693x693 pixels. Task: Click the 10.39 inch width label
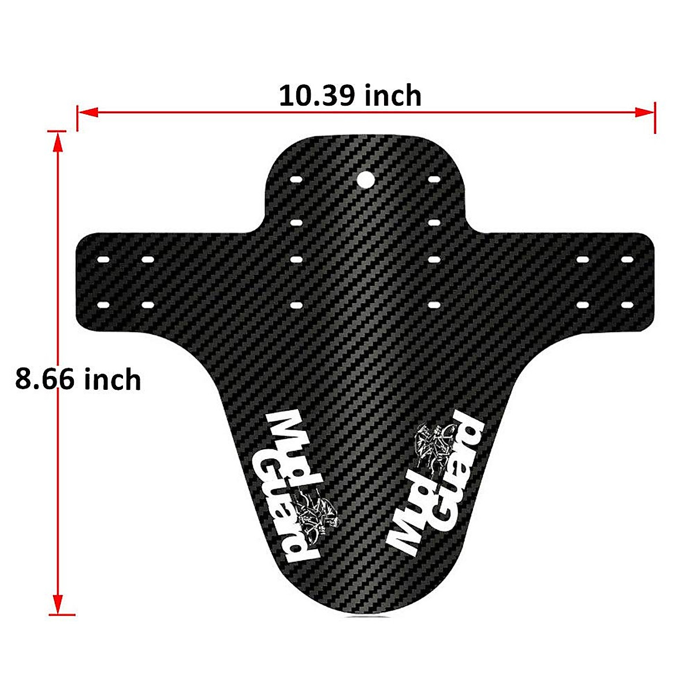pyautogui.click(x=350, y=95)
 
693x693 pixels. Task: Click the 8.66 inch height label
pyautogui.click(x=78, y=379)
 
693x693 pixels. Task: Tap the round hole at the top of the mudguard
pyautogui.click(x=364, y=180)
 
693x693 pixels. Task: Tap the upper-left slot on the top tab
pyautogui.click(x=296, y=180)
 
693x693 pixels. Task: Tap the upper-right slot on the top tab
pyautogui.click(x=434, y=180)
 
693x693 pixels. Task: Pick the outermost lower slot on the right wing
pyautogui.click(x=627, y=303)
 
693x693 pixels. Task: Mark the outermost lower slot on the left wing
pyautogui.click(x=104, y=303)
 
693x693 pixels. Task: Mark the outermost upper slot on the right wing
pyautogui.click(x=627, y=260)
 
